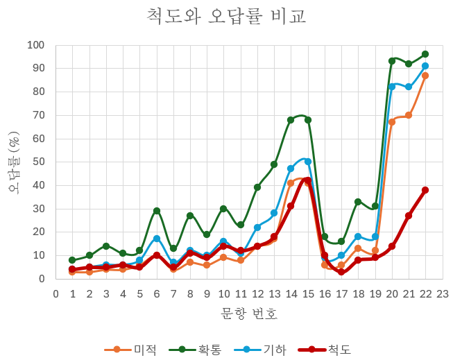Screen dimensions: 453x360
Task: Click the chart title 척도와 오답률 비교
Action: coord(226,16)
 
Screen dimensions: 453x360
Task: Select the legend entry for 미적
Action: coord(130,350)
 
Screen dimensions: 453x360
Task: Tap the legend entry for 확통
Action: coord(196,350)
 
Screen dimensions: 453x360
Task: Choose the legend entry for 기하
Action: coord(260,350)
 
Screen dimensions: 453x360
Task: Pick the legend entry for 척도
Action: coord(325,350)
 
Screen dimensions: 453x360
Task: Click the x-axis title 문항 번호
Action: coord(249,314)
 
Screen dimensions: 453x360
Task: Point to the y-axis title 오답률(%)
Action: coord(14,162)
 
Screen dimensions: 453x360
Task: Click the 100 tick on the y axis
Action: coord(35,45)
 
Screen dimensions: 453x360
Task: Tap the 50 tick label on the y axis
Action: coord(38,162)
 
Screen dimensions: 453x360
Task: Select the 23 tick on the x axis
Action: coord(443,294)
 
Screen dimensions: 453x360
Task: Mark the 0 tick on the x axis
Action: coord(55,294)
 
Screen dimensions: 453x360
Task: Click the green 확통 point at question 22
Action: coord(425,54)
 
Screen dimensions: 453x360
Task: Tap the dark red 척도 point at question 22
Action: coord(425,190)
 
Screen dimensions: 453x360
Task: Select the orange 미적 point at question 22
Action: coord(425,76)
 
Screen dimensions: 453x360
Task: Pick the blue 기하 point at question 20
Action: coord(392,87)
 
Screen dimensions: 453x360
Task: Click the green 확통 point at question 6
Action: coord(157,211)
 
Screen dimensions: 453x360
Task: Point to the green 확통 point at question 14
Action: coord(291,120)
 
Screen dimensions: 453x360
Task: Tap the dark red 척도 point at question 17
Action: coord(341,272)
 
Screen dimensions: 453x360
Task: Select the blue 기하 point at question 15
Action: coord(308,162)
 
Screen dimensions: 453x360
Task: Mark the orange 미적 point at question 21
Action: coord(408,115)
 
